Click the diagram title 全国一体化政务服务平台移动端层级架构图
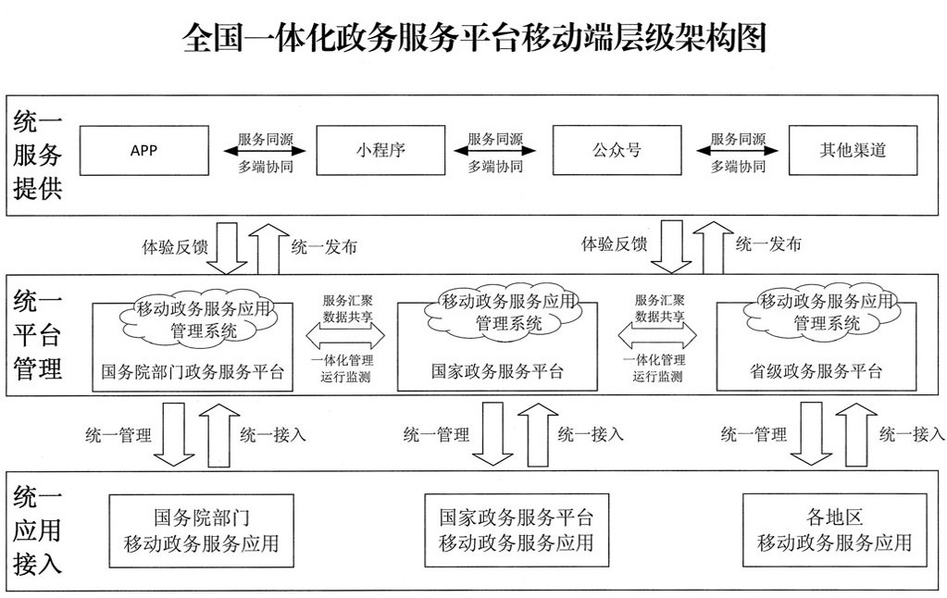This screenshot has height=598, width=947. click(x=474, y=39)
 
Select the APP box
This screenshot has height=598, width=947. click(x=143, y=150)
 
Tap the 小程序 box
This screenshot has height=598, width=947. click(x=380, y=150)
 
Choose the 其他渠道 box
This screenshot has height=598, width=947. click(x=853, y=150)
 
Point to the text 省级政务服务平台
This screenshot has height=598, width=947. click(x=816, y=372)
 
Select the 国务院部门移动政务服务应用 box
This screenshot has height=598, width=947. click(x=201, y=530)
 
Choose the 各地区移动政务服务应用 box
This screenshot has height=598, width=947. click(x=834, y=530)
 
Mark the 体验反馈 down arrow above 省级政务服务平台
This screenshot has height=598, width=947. click(x=673, y=245)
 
